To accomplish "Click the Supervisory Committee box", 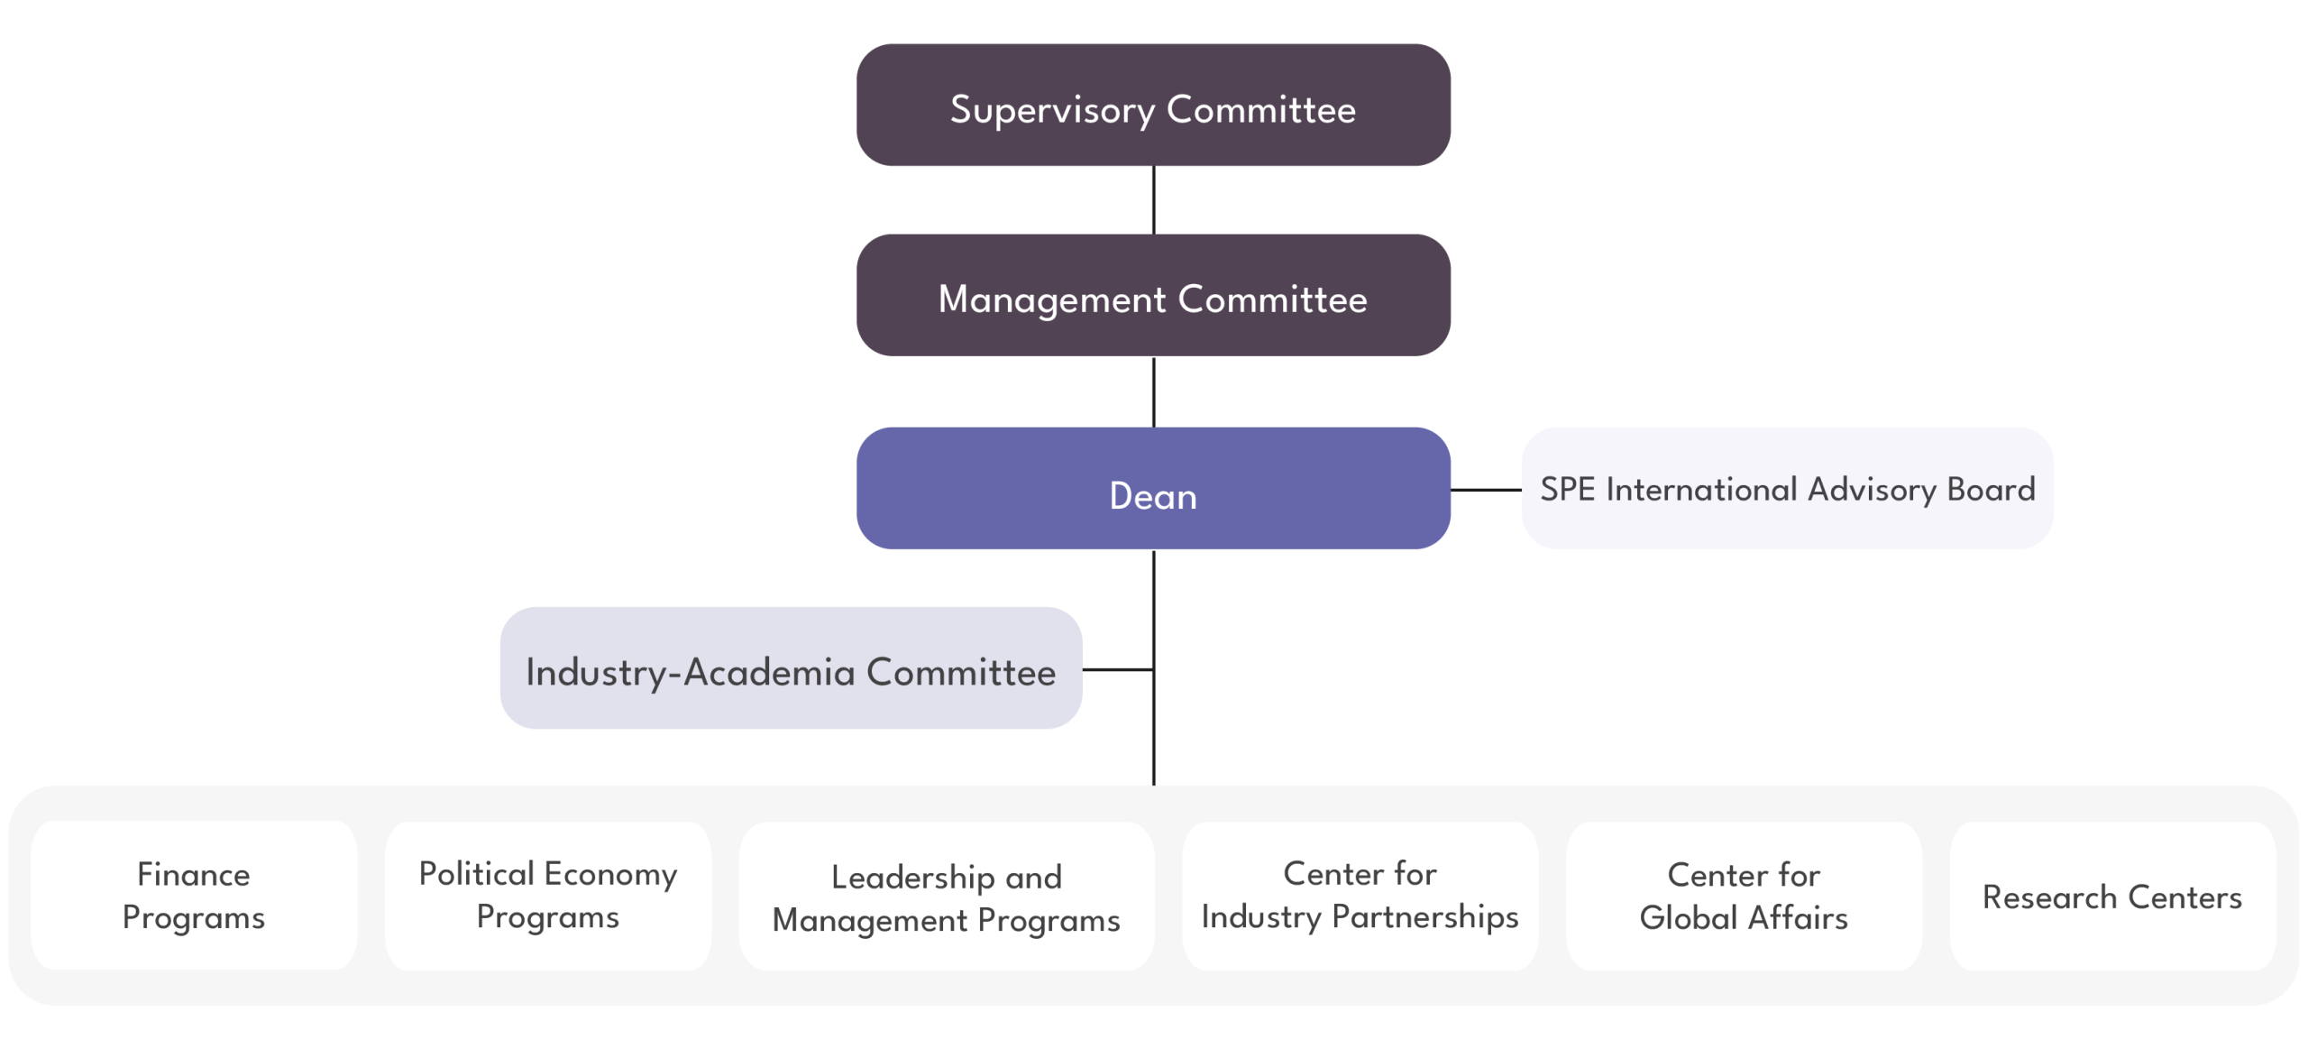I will [x=1153, y=106].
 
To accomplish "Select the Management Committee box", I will [x=1153, y=296].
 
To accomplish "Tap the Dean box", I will [x=1153, y=489].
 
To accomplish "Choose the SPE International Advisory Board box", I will [x=1787, y=489].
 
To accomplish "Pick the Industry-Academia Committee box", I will [x=791, y=668].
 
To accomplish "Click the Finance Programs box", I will [x=194, y=896].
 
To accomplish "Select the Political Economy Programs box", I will [x=548, y=896].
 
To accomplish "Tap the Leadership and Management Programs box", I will [x=947, y=897].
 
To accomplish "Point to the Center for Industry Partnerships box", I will [x=1360, y=896].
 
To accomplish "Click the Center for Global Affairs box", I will [x=1744, y=896].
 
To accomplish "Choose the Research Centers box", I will [x=2112, y=897].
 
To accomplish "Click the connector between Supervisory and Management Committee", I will [x=1154, y=200].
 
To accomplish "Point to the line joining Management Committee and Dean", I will [x=1154, y=391].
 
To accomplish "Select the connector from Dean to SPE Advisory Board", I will [x=1486, y=490].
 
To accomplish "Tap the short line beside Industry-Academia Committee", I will [x=1118, y=670].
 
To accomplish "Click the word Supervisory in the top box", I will [x=1052, y=110].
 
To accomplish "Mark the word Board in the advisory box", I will [x=1991, y=489].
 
